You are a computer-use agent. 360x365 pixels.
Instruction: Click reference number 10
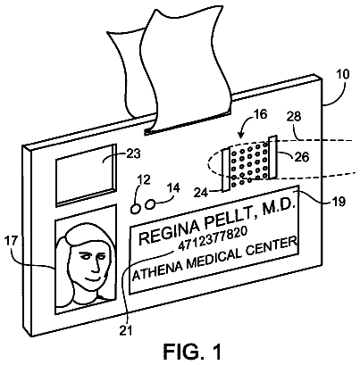coord(343,74)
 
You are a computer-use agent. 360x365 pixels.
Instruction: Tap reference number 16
coord(261,114)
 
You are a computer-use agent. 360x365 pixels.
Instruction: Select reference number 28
coord(294,117)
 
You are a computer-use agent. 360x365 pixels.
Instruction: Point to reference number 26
coord(302,157)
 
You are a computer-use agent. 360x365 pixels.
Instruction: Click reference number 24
coord(201,193)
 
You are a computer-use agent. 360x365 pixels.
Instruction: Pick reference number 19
coord(339,202)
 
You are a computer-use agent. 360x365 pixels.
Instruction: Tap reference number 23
coord(133,153)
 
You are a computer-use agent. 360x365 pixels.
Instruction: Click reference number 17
coord(12,241)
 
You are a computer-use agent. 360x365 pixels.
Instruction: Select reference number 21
coord(126,331)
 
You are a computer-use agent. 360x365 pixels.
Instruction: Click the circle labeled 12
coord(136,209)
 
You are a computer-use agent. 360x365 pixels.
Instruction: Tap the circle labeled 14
coord(150,204)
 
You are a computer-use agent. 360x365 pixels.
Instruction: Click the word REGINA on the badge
coord(170,232)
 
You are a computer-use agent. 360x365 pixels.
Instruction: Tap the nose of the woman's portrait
coord(96,267)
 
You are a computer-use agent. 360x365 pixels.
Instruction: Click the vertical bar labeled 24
coord(226,170)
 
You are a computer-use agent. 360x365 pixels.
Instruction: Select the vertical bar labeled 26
coord(273,157)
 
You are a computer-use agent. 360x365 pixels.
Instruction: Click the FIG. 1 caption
coord(193,352)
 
